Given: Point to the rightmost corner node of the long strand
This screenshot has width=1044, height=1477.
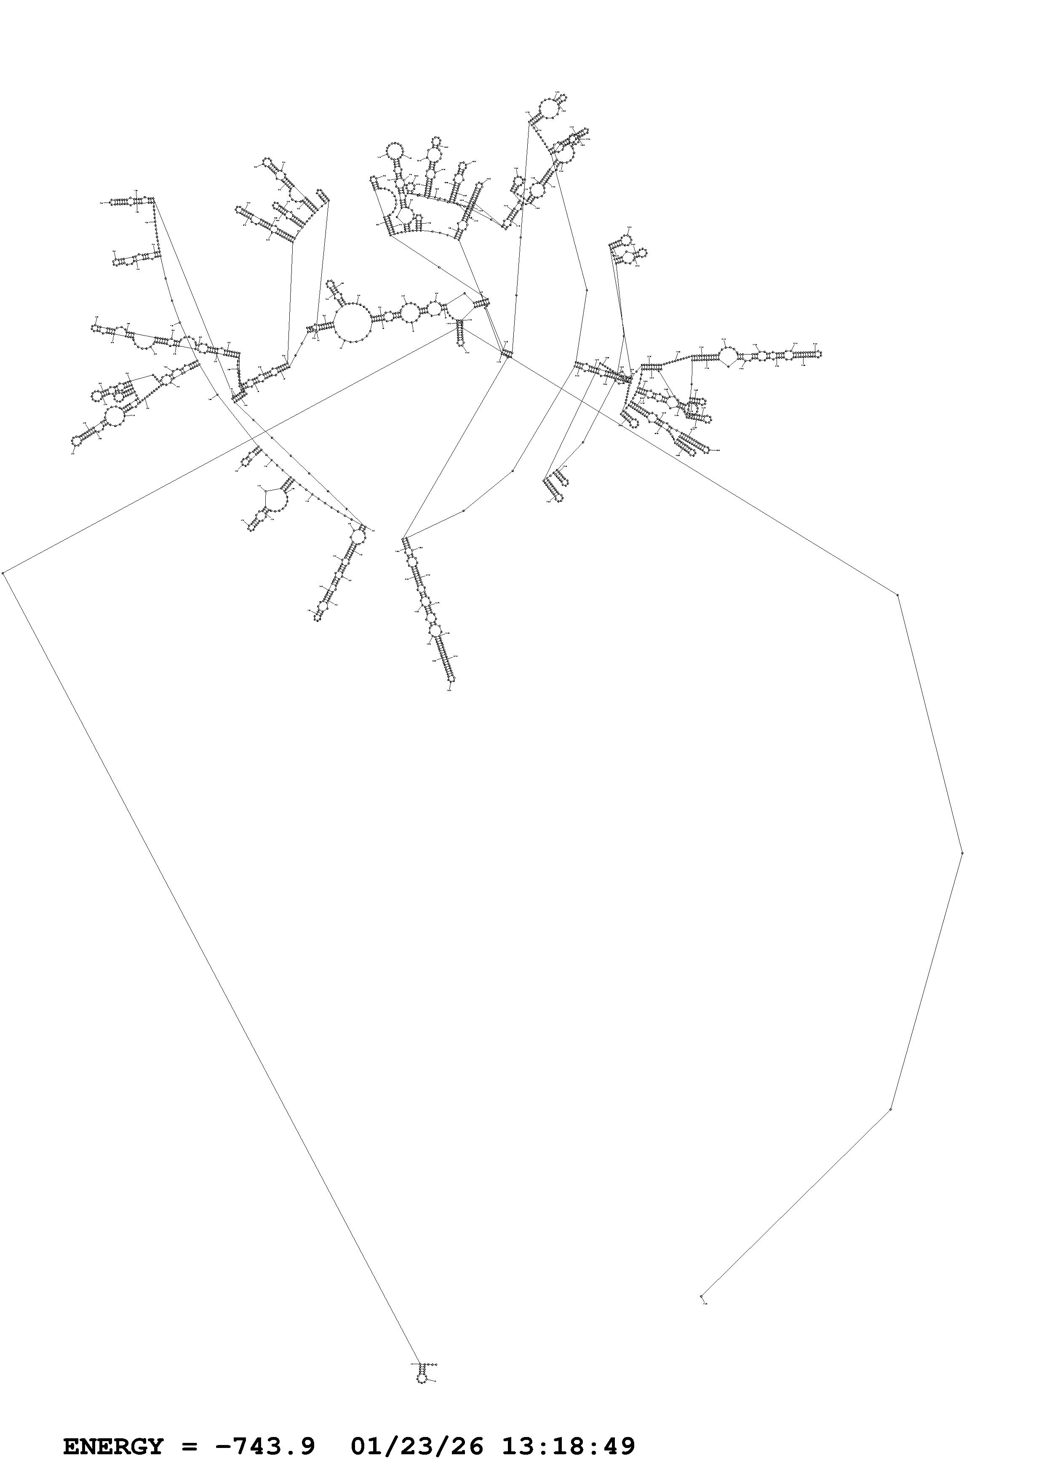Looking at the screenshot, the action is [x=962, y=853].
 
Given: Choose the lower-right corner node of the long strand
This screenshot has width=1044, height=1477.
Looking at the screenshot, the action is [x=891, y=1109].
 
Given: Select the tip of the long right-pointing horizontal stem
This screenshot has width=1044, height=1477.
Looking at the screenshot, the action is [x=819, y=353].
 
